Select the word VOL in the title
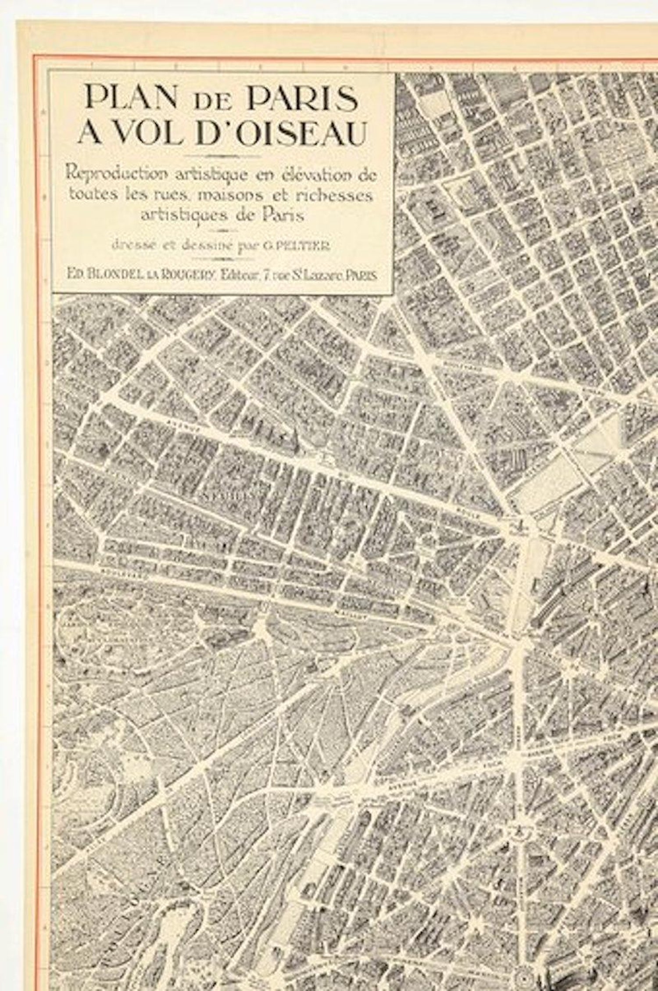pyautogui.click(x=147, y=133)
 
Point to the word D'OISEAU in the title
pyautogui.click(x=281, y=133)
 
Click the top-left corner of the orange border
pyautogui.click(x=36, y=57)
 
